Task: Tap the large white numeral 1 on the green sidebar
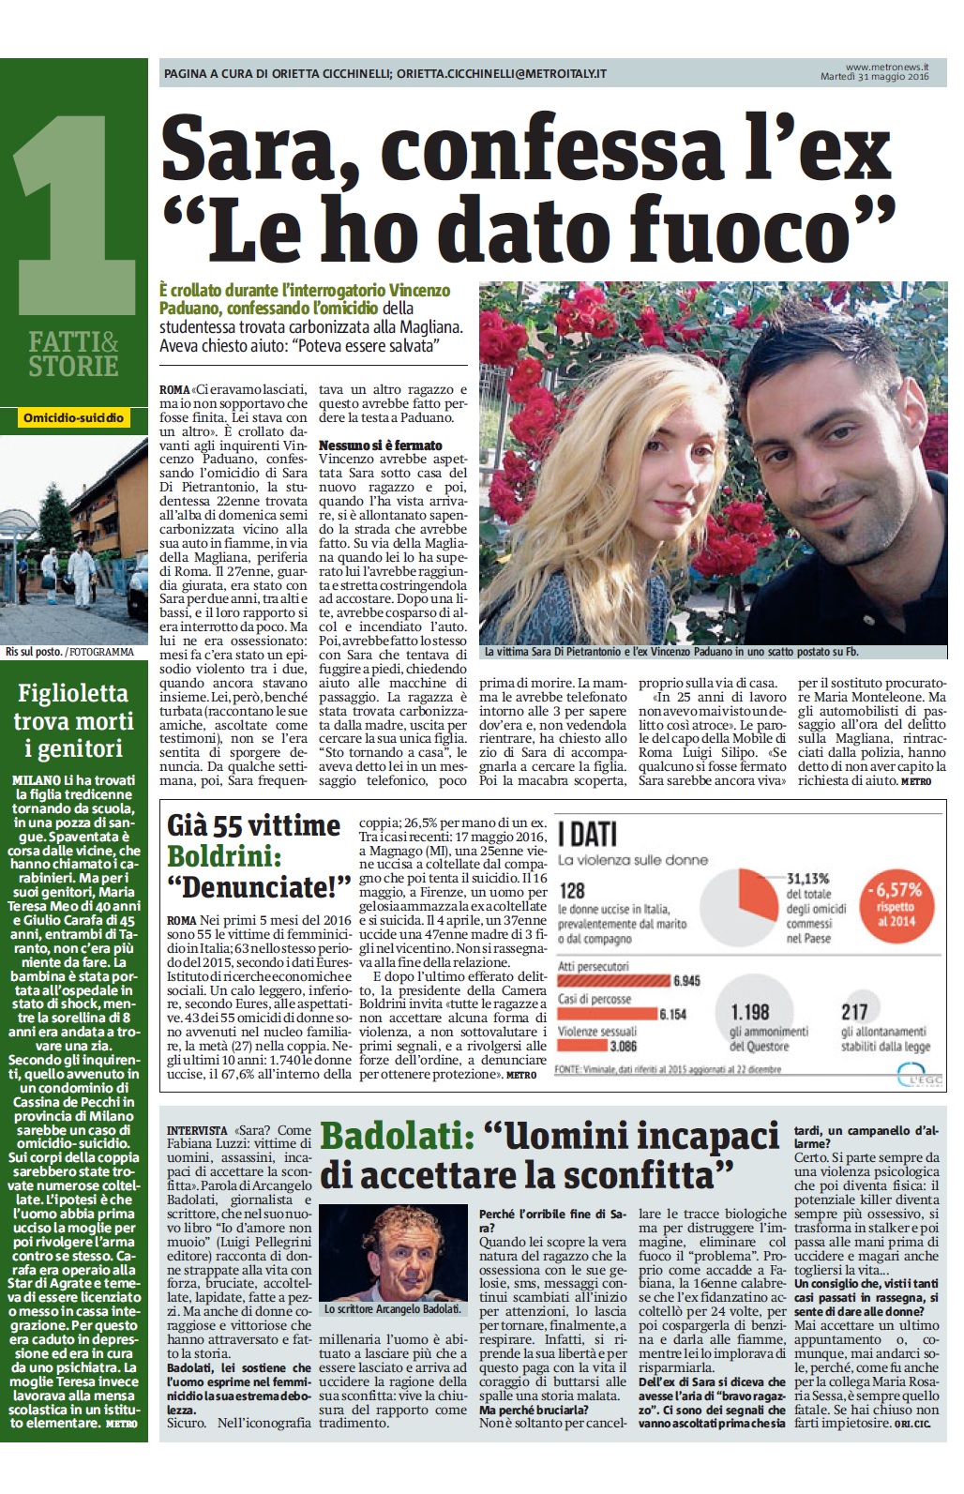(x=73, y=206)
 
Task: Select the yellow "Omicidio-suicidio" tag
(x=73, y=417)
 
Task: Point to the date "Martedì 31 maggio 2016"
(x=874, y=77)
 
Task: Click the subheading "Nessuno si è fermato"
(x=380, y=445)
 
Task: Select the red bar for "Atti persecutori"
(x=613, y=981)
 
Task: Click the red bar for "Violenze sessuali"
(x=582, y=1046)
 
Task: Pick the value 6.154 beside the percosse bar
(x=673, y=1014)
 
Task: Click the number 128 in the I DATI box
(x=572, y=891)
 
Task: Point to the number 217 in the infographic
(x=853, y=1011)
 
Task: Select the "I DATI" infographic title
(x=587, y=833)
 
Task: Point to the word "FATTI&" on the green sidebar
(x=73, y=341)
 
